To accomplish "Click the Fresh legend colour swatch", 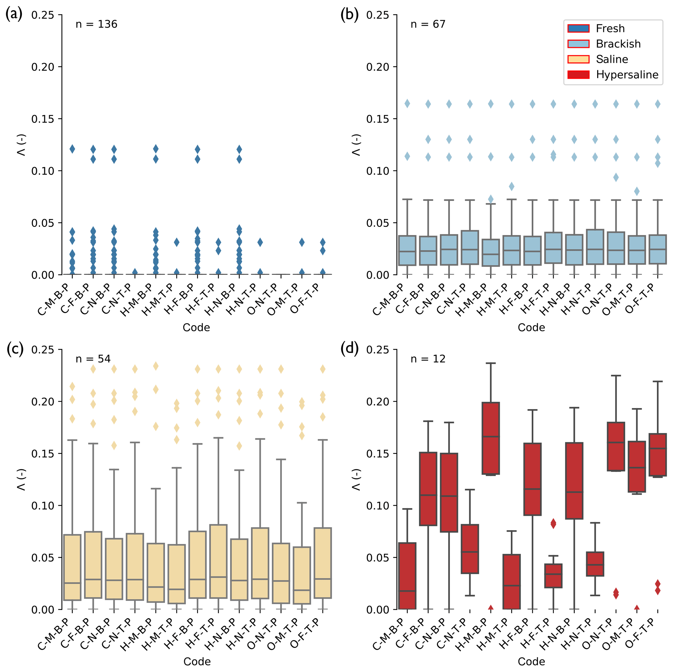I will click(578, 28).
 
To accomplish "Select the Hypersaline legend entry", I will click(627, 75).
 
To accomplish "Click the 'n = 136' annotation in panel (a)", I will click(96, 24).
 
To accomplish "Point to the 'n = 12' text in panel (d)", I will click(428, 359).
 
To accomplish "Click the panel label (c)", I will click(15, 349).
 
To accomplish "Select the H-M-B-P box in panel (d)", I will click(490, 438).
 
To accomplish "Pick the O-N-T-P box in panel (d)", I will click(616, 446).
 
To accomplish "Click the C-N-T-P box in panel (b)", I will click(470, 248).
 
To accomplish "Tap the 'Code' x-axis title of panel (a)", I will click(196, 328).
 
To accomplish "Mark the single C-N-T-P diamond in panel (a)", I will click(135, 272).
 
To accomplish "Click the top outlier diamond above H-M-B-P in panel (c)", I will click(156, 366).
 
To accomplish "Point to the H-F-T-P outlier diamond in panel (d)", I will click(553, 524).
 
